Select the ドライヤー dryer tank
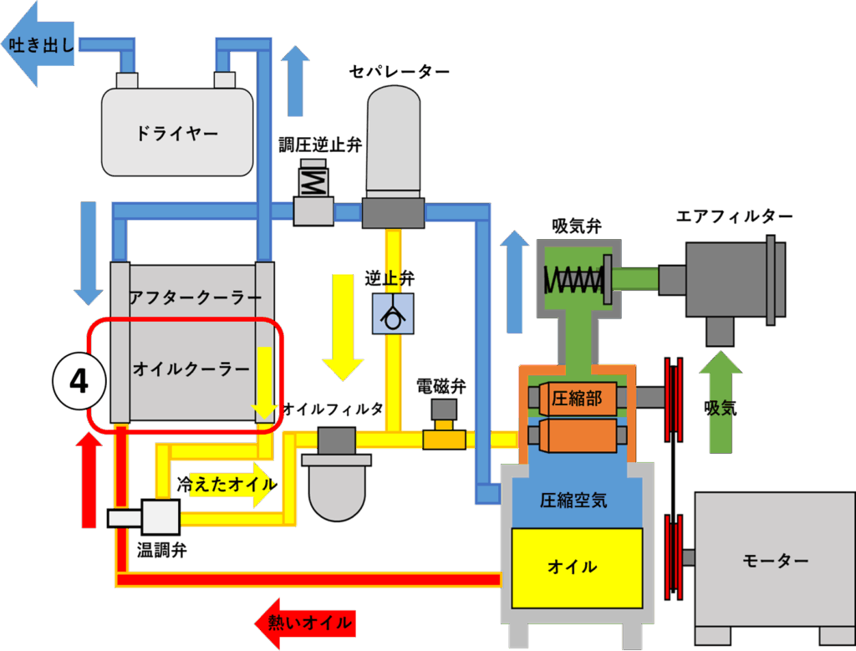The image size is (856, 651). tap(176, 132)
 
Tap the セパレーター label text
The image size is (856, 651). tap(399, 72)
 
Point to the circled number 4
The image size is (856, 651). tap(79, 382)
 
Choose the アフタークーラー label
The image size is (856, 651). tap(195, 298)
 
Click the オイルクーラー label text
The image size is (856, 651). tap(191, 368)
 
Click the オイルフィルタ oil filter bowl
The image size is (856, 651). tap(338, 489)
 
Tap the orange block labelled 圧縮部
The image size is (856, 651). tap(578, 399)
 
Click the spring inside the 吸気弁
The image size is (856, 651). tap(573, 279)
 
